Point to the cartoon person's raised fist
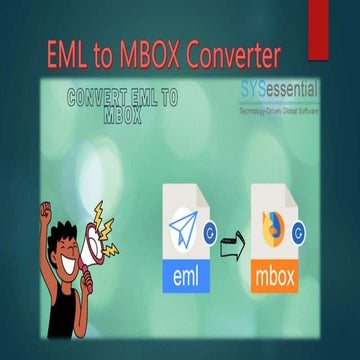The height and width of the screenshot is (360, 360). pos(46,213)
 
